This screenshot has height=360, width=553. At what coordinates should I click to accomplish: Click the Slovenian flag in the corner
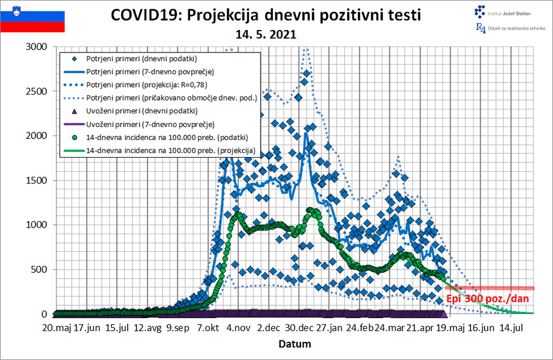(32, 18)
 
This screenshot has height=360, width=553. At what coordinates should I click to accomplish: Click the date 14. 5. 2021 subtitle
(265, 34)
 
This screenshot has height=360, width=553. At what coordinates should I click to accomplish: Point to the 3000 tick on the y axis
(36, 47)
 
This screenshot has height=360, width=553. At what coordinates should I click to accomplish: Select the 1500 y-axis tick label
(36, 181)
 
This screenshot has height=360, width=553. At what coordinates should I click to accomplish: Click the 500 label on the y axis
(39, 270)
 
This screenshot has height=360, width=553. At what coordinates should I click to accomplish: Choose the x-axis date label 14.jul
(511, 328)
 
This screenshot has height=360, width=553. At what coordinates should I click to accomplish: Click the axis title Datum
(294, 344)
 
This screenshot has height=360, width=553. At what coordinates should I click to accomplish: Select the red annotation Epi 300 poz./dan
(488, 299)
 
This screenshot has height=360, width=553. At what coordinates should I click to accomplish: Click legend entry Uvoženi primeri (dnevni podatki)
(141, 111)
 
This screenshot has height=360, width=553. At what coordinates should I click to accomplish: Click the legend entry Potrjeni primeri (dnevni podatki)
(141, 59)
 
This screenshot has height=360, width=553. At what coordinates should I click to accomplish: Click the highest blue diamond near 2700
(307, 74)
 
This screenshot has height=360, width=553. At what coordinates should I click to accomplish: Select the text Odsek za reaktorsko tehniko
(517, 28)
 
